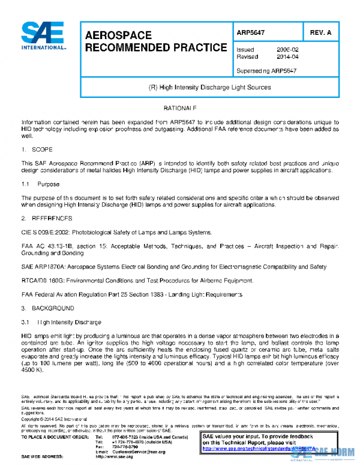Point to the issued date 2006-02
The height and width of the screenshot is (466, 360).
287,50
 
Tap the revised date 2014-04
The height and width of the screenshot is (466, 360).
287,57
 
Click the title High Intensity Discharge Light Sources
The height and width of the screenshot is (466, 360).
209,87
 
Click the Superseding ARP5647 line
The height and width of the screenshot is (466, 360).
266,70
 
